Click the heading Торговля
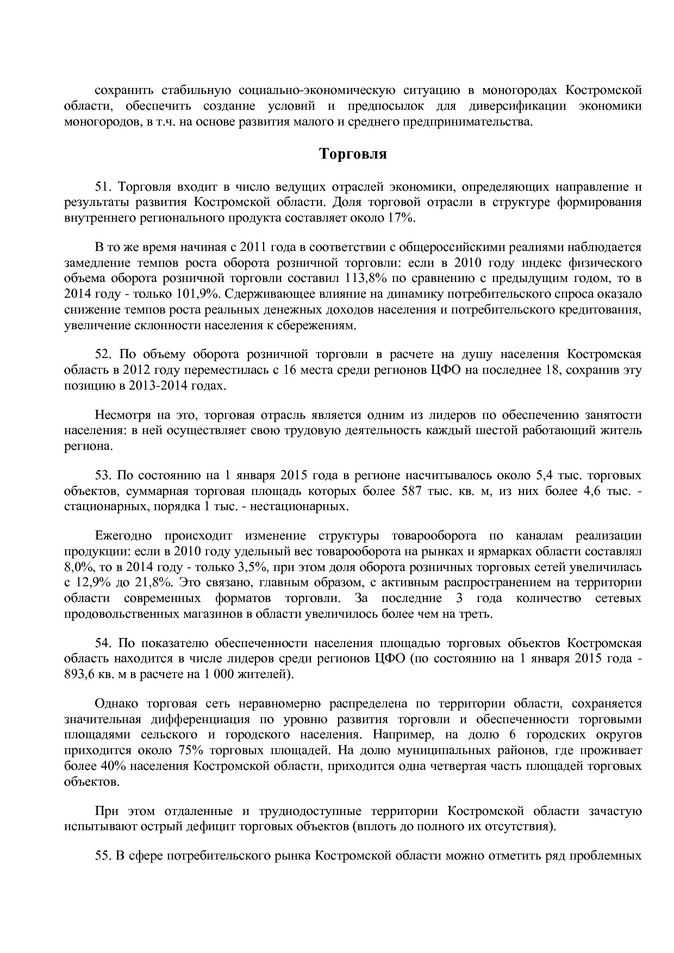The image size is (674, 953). [x=352, y=154]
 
